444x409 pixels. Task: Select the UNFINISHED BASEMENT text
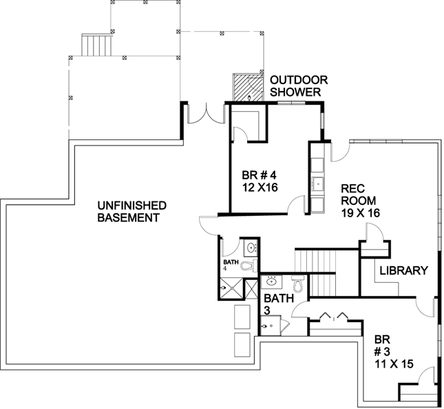(131, 211)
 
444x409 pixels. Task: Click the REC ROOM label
(355, 194)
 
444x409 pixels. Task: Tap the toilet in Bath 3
(298, 283)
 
